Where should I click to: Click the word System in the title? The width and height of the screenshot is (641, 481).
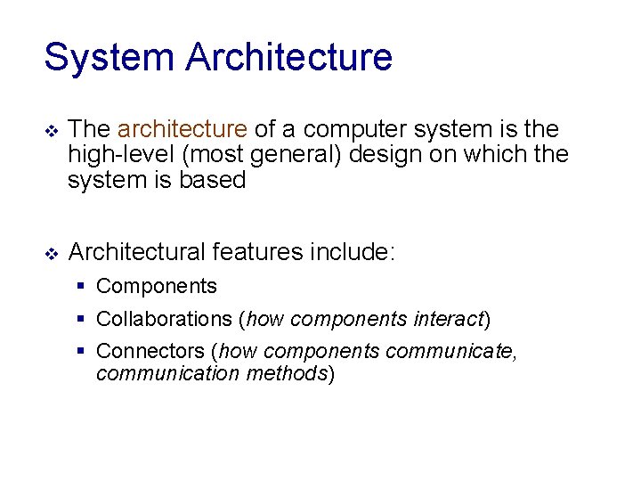pos(108,58)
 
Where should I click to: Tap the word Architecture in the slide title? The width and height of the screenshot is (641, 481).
pos(289,58)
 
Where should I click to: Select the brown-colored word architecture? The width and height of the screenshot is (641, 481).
pos(183,129)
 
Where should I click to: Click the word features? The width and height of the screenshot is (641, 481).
pos(257,252)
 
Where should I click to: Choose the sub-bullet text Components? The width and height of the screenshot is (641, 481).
pos(157,287)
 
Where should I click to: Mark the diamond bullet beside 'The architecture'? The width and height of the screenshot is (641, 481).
pos(51,131)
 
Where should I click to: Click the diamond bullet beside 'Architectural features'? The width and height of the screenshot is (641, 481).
pos(51,254)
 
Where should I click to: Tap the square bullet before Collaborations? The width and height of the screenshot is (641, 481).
pos(81,319)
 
